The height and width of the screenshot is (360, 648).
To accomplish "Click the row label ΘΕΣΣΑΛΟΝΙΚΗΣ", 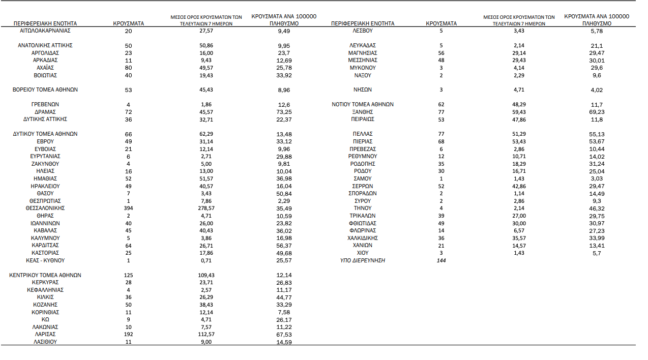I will tap(45, 208).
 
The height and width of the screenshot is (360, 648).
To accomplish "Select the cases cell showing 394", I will tap(128, 208).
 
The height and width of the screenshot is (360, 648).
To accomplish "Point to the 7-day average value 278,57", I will tap(207, 208).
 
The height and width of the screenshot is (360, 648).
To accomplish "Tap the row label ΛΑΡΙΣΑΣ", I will tap(45, 335).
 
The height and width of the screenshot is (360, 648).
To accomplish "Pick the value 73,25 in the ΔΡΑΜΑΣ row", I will tap(284, 112).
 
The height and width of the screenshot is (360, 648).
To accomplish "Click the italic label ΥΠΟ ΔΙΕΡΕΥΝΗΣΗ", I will tap(363, 260).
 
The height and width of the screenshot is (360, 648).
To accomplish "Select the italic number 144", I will tap(441, 260).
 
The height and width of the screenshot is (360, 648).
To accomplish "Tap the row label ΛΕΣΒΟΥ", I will tap(363, 31).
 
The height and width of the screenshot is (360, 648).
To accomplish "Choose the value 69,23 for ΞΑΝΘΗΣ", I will tap(597, 112).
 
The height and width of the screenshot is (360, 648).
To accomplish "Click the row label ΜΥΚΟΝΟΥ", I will tap(363, 68).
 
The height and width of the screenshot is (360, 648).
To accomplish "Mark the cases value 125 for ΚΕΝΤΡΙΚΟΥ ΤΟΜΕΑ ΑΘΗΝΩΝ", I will tap(128, 276).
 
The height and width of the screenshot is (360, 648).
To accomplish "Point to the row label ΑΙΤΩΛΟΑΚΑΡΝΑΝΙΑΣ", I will tap(45, 31).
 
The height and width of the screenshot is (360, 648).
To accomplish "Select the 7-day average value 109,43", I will tap(207, 276).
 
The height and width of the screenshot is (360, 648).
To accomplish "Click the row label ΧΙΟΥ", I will tap(363, 253).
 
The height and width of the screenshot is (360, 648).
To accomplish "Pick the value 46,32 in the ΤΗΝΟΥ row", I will tap(597, 208).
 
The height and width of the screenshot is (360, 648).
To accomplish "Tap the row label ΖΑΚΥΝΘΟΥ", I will tap(45, 164).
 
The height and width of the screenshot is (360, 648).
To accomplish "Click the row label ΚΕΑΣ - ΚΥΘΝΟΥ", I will tap(45, 260).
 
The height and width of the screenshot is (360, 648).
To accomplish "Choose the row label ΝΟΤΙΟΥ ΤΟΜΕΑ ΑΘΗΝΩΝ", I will tap(363, 105).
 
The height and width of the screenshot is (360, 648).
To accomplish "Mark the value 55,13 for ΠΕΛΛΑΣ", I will tap(597, 134).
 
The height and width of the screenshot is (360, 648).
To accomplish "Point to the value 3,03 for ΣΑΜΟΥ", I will tap(597, 179).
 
